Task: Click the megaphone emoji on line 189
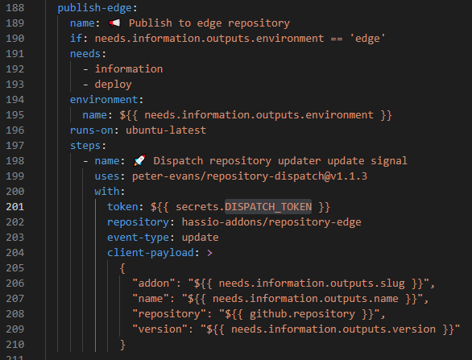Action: (114, 23)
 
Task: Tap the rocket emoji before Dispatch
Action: (139, 160)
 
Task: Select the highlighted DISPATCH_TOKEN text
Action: (268, 206)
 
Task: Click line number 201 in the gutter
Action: (15, 207)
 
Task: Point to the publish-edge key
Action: (94, 8)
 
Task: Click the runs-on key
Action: (92, 130)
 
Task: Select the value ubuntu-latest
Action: (166, 130)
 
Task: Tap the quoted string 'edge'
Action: (367, 39)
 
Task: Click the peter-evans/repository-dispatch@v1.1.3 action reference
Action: (250, 176)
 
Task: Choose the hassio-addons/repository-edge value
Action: (271, 222)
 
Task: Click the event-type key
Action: (138, 238)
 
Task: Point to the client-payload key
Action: (150, 253)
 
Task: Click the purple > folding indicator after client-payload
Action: (209, 253)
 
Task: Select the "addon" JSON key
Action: (154, 283)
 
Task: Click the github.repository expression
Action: (302, 314)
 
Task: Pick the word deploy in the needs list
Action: (114, 85)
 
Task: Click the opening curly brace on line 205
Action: (122, 268)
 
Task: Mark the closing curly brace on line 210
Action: (122, 345)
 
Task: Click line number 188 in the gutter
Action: (15, 8)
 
